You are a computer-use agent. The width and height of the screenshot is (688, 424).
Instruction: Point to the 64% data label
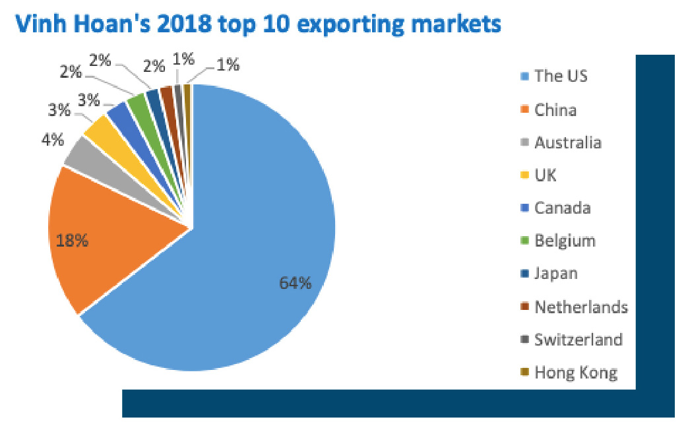(x=295, y=283)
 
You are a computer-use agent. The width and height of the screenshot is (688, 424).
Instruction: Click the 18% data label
(x=72, y=241)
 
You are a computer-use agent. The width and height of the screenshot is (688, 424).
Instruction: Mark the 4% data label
(x=53, y=140)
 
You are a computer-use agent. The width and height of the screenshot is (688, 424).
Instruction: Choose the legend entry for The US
(x=561, y=76)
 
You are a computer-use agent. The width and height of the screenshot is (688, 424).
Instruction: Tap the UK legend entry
(x=546, y=175)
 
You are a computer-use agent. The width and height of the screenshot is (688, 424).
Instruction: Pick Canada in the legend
(x=562, y=208)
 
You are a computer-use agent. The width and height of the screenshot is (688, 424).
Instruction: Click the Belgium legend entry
(x=565, y=241)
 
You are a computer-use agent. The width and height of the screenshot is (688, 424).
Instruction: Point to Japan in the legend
(x=556, y=274)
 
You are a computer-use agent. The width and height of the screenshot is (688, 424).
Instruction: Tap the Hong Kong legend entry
(x=576, y=373)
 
